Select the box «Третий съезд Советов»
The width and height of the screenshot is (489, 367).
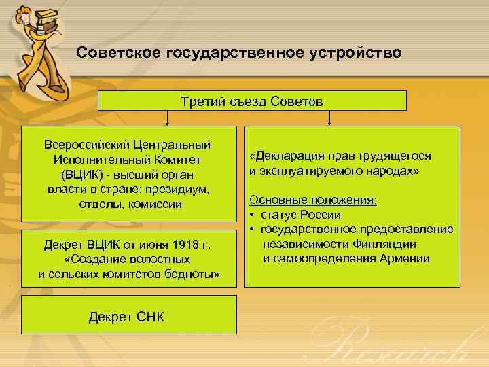pyautogui.click(x=252, y=101)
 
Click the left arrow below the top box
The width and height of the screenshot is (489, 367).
pyautogui.click(x=168, y=118)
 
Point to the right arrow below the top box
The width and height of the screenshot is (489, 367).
pyautogui.click(x=329, y=118)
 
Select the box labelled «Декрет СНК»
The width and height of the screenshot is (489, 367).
pyautogui.click(x=126, y=317)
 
